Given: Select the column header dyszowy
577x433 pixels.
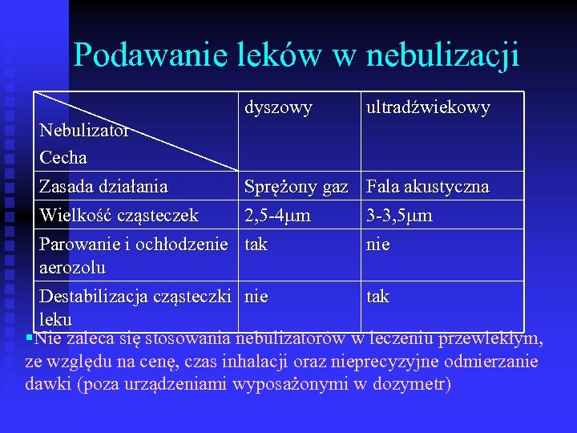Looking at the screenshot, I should click(x=278, y=107).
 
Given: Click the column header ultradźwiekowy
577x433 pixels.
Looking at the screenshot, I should click(x=427, y=107).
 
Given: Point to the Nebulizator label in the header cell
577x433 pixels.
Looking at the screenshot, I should click(x=84, y=130).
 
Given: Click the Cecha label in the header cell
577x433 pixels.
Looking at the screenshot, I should click(x=63, y=156).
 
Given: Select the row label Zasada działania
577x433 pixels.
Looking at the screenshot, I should click(x=103, y=187).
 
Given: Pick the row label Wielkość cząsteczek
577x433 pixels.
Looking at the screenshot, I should click(x=119, y=215).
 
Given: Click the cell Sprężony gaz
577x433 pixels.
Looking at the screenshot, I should click(x=297, y=188).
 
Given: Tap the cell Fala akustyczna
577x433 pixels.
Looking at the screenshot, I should click(x=427, y=187).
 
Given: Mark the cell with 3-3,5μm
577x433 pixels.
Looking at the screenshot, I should click(x=399, y=215).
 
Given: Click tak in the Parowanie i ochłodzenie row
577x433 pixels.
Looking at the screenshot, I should click(x=256, y=243).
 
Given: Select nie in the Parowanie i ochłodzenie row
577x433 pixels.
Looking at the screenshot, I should click(x=378, y=243).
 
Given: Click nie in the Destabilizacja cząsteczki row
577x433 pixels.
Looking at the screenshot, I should click(x=256, y=297).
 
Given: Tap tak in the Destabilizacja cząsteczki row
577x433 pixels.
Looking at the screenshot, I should click(x=378, y=297).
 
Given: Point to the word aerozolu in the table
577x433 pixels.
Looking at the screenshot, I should click(x=73, y=265).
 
